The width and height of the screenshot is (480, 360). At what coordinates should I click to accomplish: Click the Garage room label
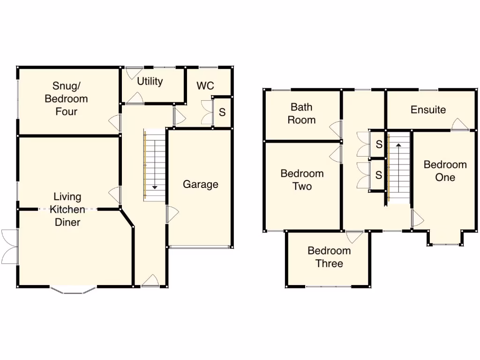[x=200, y=184]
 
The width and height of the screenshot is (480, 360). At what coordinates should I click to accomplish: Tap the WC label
[x=205, y=86]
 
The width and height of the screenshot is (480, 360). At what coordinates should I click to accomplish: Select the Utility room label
[x=150, y=81]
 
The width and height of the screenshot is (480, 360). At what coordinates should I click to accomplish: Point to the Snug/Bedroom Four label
[x=66, y=98]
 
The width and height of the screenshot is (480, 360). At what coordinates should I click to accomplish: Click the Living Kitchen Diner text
[x=67, y=210]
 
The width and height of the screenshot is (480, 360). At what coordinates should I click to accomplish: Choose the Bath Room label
[x=301, y=113]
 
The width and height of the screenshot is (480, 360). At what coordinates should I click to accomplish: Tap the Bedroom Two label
[x=302, y=180]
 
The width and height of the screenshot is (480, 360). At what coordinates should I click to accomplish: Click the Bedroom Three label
[x=329, y=257]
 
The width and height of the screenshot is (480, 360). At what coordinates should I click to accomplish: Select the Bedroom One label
[x=445, y=171]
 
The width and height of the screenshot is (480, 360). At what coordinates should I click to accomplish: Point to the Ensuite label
[x=428, y=110]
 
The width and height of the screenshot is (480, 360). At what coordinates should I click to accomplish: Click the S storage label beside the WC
[x=222, y=112]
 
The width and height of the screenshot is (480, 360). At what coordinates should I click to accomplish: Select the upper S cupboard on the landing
[x=379, y=144]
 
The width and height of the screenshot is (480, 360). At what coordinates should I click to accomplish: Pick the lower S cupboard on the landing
[x=379, y=175]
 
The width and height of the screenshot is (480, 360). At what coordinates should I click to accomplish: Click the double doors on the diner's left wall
[x=9, y=247]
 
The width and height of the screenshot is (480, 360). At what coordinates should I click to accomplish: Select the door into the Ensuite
[x=460, y=125]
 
